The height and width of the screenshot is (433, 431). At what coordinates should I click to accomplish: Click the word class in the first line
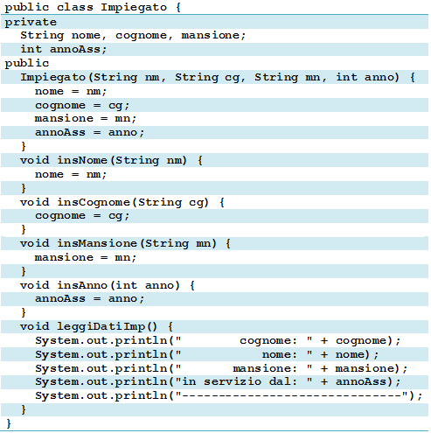pyautogui.click(x=75, y=7)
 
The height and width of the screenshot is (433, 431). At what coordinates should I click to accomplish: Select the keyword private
pyautogui.click(x=31, y=23)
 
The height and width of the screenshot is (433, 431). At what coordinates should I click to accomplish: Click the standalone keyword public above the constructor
pyautogui.click(x=27, y=64)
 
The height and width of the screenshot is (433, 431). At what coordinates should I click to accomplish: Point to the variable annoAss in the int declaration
pyautogui.click(x=75, y=49)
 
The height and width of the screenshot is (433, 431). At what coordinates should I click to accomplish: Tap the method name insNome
pyautogui.click(x=82, y=160)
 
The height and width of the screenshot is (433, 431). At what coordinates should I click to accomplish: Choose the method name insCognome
pyautogui.click(x=94, y=202)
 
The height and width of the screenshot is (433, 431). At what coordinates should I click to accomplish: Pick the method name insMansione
pyautogui.click(x=97, y=243)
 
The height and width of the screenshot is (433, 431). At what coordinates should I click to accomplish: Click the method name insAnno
pyautogui.click(x=82, y=285)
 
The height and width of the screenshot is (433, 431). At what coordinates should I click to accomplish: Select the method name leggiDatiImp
pyautogui.click(x=101, y=326)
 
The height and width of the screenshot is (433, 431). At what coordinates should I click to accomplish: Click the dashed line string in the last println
pyautogui.click(x=291, y=395)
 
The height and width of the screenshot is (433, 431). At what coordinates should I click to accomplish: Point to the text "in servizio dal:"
pyautogui.click(x=240, y=381)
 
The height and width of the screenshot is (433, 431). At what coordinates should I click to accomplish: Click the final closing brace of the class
pyautogui.click(x=9, y=423)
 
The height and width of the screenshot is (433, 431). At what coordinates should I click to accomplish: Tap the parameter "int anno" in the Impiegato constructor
pyautogui.click(x=367, y=77)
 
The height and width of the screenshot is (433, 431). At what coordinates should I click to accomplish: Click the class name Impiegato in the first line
pyautogui.click(x=134, y=7)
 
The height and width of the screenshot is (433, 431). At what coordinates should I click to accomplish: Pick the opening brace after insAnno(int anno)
pyautogui.click(x=192, y=285)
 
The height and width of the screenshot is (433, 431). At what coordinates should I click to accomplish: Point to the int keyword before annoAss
pyautogui.click(x=31, y=49)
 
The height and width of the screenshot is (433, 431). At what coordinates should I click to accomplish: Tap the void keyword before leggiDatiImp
pyautogui.click(x=35, y=326)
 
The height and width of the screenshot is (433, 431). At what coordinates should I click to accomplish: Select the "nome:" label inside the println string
pyautogui.click(x=279, y=354)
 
